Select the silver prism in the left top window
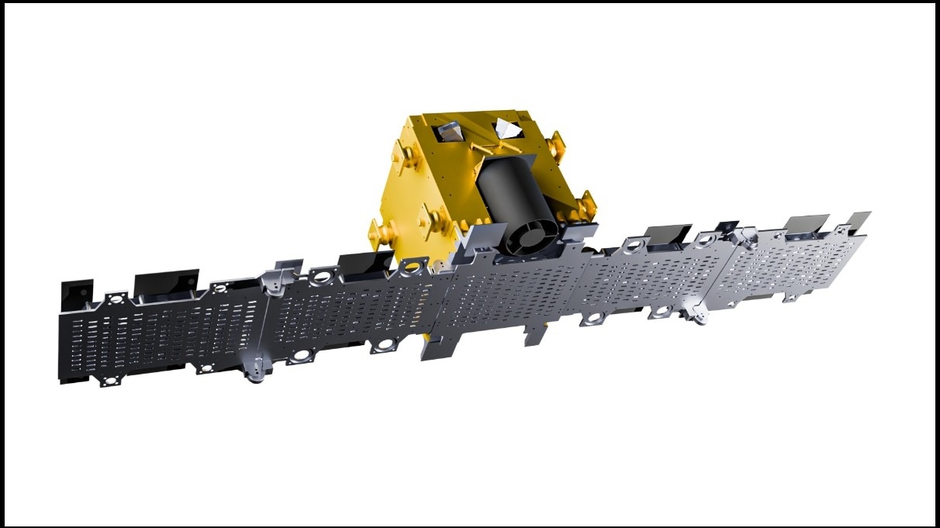[x=451, y=134]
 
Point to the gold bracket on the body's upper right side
[x=556, y=147]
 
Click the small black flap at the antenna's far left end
[x=77, y=293]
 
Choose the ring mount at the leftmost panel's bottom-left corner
[x=109, y=381]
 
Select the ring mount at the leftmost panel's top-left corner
[x=116, y=298]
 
